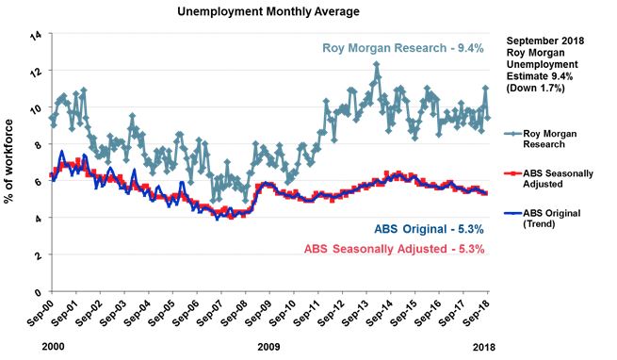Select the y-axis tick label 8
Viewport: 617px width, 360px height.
38,145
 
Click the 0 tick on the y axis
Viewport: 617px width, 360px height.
38,292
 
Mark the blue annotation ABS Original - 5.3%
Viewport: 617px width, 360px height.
418,230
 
